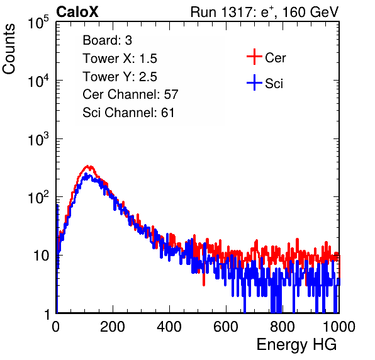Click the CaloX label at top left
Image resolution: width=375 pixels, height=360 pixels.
(x=77, y=11)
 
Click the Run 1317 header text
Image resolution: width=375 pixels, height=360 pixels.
(x=264, y=12)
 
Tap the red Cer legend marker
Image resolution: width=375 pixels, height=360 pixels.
(x=254, y=57)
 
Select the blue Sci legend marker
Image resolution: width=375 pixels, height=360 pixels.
(x=254, y=82)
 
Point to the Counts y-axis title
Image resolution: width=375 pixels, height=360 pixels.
(x=9, y=49)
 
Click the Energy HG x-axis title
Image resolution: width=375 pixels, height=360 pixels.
(x=296, y=344)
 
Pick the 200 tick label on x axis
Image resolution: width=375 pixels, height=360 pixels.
(x=113, y=327)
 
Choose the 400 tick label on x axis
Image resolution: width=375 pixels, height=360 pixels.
(x=169, y=327)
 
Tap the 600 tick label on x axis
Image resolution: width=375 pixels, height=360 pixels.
(x=226, y=327)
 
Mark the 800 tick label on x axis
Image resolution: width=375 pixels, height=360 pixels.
(x=283, y=327)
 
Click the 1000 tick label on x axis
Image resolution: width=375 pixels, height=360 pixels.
(x=339, y=327)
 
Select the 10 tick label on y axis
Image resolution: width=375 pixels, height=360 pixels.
(x=41, y=256)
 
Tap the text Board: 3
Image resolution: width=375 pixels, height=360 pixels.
(x=107, y=40)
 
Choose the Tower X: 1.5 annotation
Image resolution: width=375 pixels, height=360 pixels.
(x=120, y=59)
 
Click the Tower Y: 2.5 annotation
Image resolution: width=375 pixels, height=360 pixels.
(x=120, y=77)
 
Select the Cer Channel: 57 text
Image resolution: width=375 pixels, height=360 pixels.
(x=130, y=94)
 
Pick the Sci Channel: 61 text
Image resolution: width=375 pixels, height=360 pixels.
(x=128, y=113)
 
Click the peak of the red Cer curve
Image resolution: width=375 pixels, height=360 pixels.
(x=87, y=166)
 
